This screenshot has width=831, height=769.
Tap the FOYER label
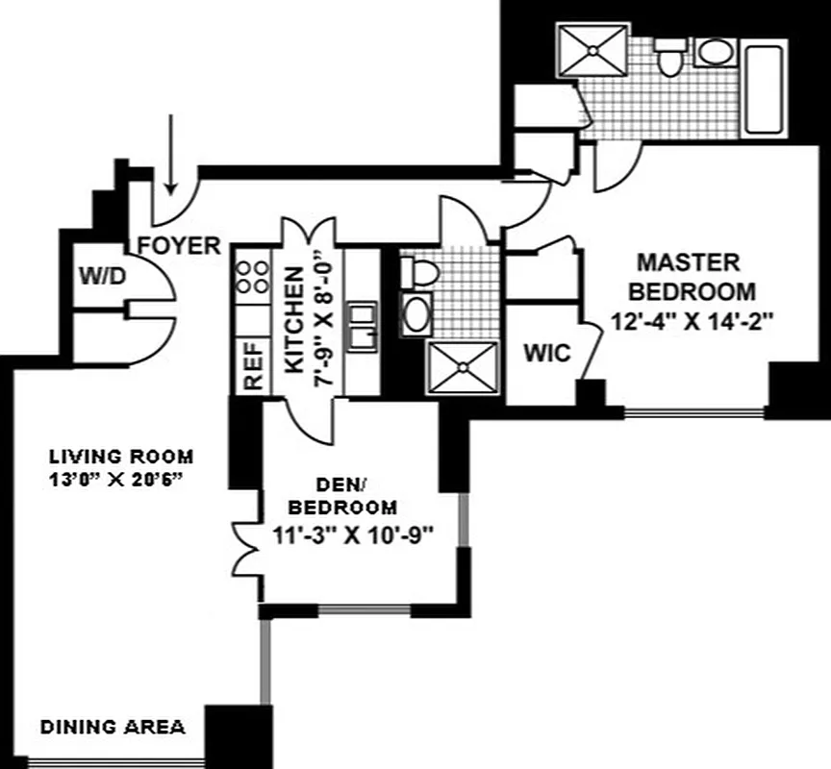click(181, 246)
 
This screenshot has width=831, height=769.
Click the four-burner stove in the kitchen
click(253, 278)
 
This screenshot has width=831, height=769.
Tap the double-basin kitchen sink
click(362, 327)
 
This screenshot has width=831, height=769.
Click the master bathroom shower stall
click(593, 47)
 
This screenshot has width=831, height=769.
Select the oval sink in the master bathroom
click(714, 52)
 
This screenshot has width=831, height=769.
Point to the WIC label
click(546, 353)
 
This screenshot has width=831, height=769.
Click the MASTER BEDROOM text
click(690, 276)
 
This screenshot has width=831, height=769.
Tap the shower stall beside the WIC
click(464, 367)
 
